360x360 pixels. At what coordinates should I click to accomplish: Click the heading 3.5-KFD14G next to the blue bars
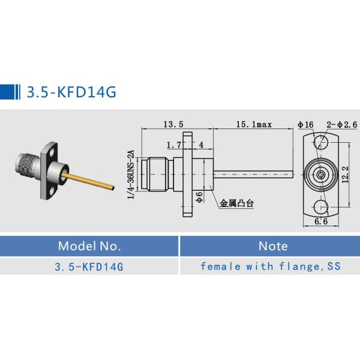(70, 92)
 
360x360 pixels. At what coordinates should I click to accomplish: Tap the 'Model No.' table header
(89, 246)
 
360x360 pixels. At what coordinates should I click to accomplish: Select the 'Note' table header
(272, 246)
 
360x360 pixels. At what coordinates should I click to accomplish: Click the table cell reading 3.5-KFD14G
(89, 266)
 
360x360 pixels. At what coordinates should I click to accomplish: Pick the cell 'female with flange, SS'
(270, 266)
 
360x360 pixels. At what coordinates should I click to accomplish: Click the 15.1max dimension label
(254, 124)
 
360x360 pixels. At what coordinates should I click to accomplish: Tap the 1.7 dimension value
(173, 145)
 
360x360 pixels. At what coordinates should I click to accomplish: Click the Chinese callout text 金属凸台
(236, 203)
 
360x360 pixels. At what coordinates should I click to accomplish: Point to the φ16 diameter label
(305, 124)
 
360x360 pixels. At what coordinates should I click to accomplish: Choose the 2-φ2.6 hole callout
(341, 124)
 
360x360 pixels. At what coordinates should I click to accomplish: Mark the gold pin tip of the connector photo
(110, 188)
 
